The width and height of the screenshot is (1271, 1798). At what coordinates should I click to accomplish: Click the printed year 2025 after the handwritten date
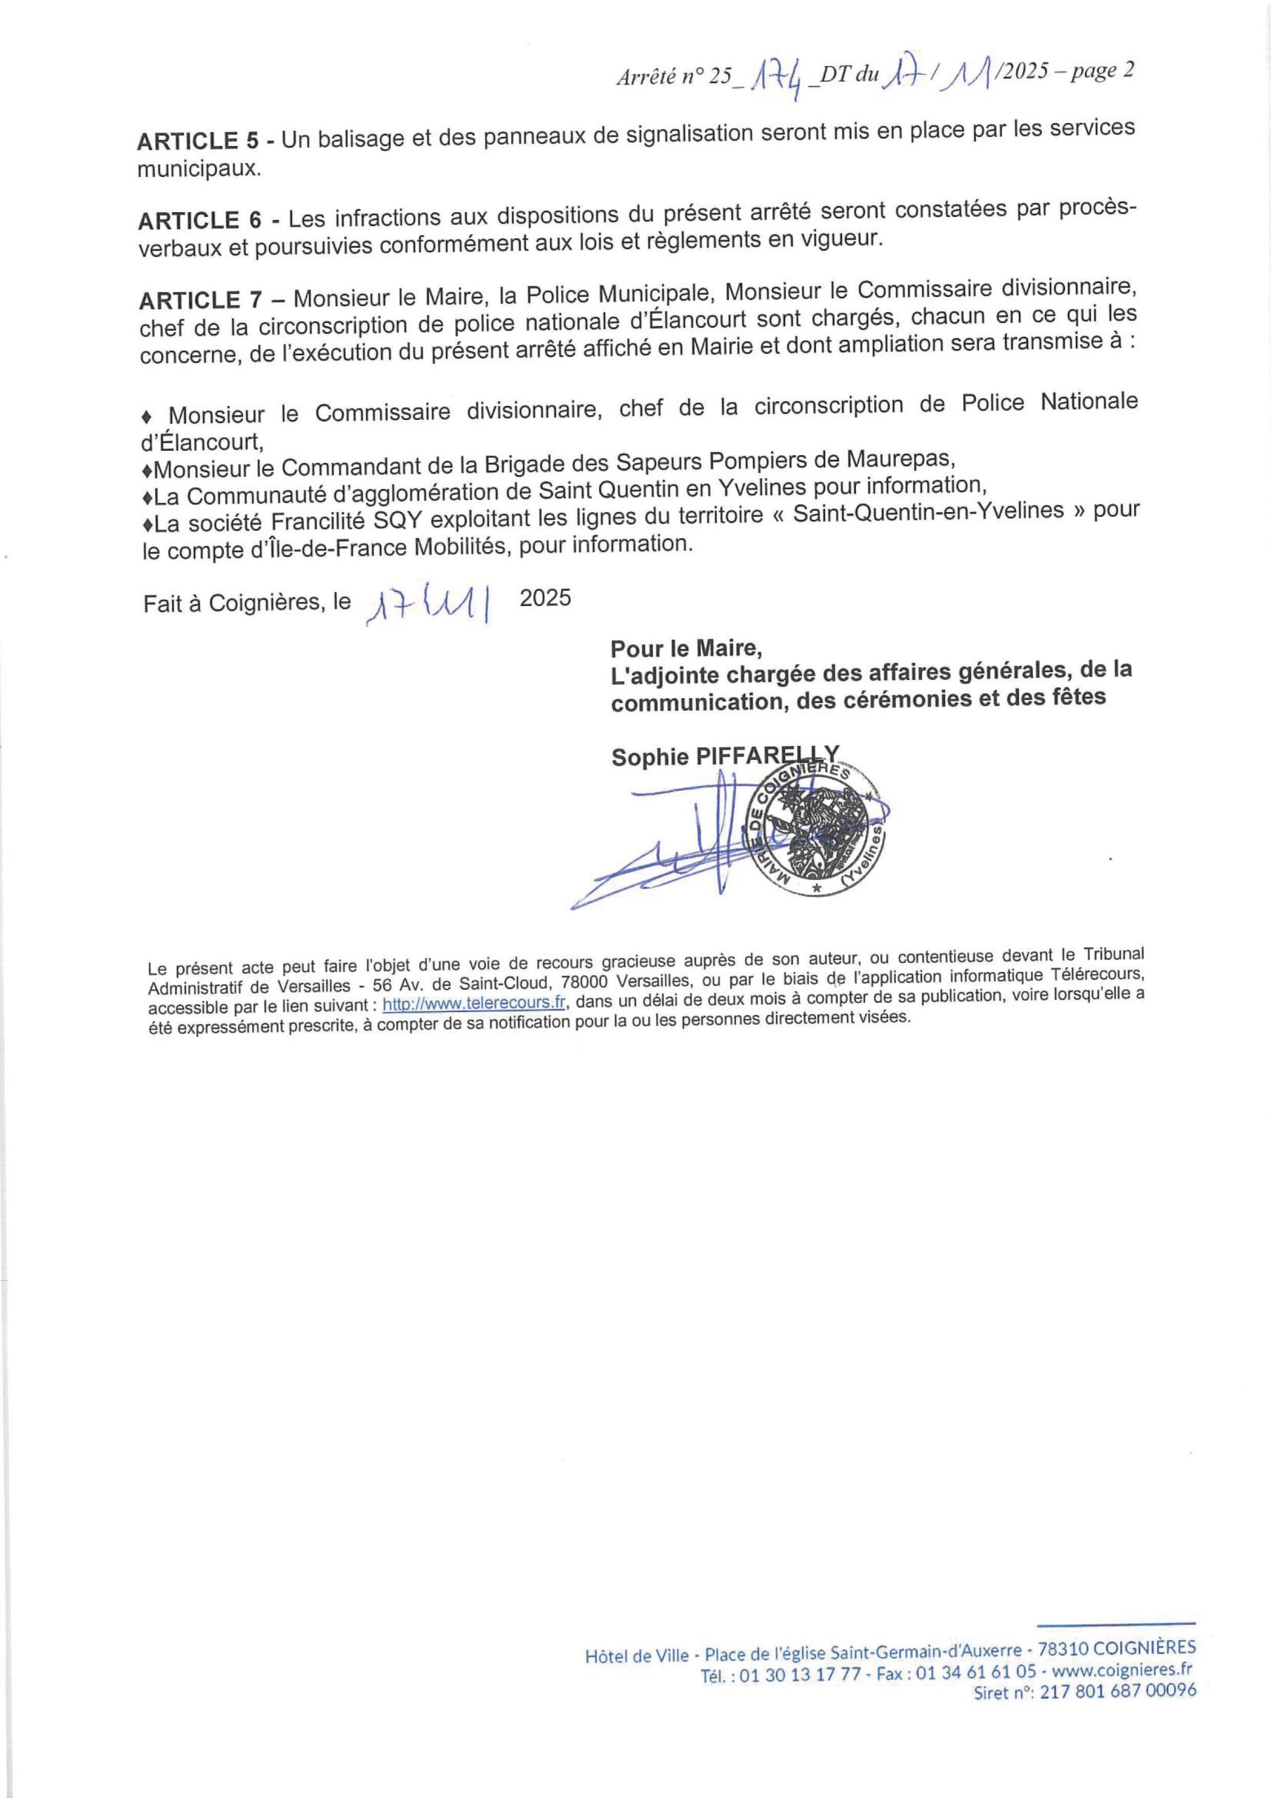[545, 598]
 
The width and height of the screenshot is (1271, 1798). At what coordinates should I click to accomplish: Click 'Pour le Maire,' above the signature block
[686, 648]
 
